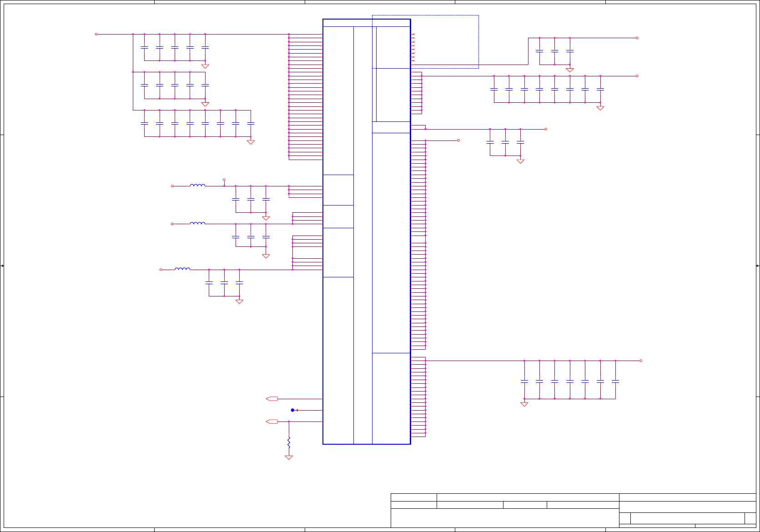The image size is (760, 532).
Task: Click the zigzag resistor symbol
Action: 289,442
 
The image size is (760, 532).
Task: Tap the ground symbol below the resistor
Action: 289,457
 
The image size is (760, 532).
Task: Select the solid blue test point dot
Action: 292,410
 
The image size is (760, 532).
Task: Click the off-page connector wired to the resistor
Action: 272,422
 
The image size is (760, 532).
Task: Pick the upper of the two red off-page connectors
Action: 272,399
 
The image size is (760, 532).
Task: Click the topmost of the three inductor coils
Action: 197,185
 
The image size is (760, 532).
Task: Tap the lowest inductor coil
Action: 182,269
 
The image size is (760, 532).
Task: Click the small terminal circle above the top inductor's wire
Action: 224,180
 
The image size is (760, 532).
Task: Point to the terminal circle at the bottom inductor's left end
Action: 161,270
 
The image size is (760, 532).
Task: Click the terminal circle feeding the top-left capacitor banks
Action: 96,34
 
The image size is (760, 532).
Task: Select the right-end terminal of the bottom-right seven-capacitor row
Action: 641,361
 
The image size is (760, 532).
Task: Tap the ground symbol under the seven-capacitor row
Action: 524,404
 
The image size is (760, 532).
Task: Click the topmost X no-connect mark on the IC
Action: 413,34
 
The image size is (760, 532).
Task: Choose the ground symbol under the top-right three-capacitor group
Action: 570,70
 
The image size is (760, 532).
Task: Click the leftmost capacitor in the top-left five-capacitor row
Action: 144,47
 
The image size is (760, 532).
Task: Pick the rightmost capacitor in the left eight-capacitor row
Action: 251,123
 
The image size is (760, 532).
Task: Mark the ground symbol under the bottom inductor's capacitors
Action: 239,301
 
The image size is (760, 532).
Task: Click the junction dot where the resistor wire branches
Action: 289,422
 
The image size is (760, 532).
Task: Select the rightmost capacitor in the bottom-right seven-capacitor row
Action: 615,381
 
